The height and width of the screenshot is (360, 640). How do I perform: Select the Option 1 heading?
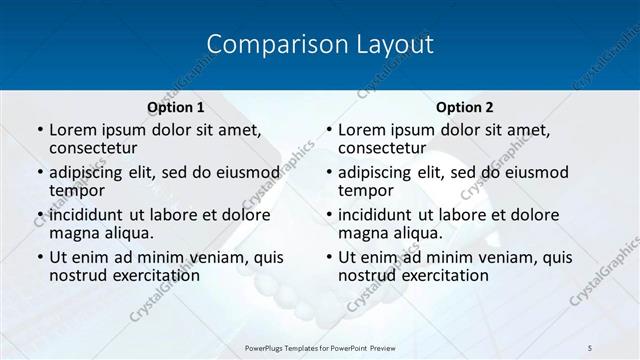[176, 107]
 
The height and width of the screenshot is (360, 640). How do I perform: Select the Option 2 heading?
[464, 107]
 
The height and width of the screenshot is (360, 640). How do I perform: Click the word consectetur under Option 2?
[382, 149]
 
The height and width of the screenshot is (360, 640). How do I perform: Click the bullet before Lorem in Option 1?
[39, 130]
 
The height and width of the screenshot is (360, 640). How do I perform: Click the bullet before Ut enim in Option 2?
[328, 257]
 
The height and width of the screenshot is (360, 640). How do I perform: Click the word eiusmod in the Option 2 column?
[534, 172]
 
